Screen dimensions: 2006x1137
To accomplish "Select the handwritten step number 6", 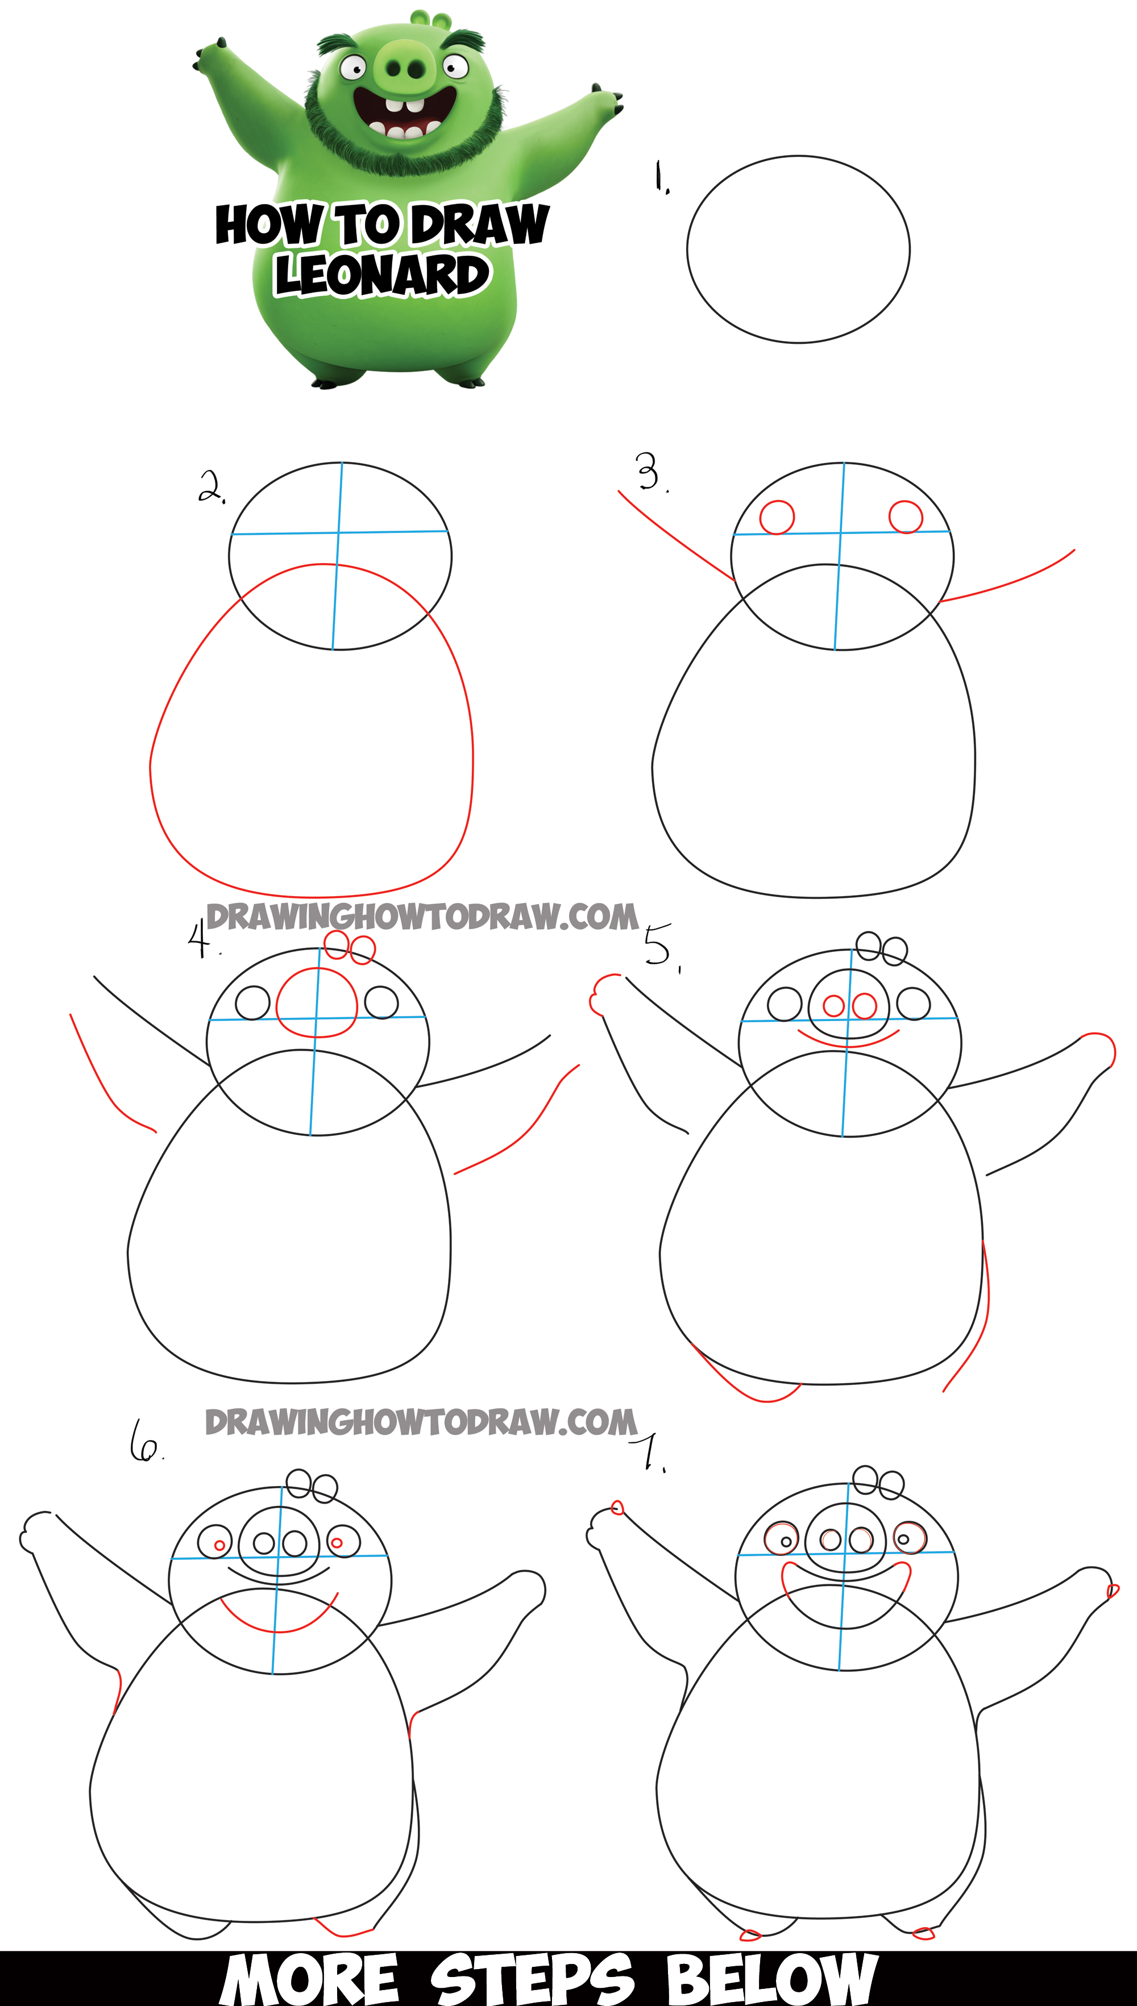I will pos(144,1441).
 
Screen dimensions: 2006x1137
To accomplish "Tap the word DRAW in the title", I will pos(479,225).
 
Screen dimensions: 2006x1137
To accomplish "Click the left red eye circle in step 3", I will pos(777,517).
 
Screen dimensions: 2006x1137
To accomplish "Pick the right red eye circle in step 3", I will pos(906,516).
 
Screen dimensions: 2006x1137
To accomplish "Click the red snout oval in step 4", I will pos(316,1003).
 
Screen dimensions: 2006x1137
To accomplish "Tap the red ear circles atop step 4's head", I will pos(350,947).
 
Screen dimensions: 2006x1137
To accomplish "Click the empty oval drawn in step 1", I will pos(798,250).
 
